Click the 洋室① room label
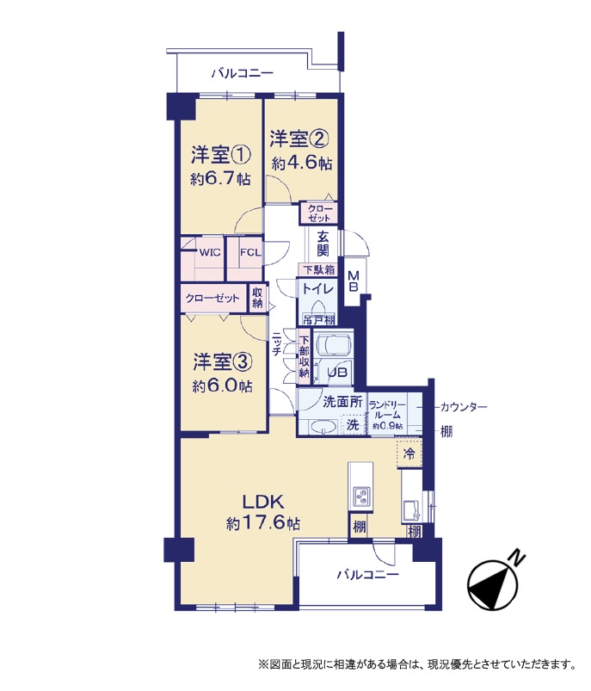pos(221,155)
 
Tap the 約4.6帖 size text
pos(302,163)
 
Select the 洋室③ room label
pos(223,362)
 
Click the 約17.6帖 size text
pos(263,523)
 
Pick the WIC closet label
pos(210,253)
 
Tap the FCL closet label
pos(250,253)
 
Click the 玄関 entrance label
pos(323,244)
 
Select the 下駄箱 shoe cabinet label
pos(318,269)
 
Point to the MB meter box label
pos(354,281)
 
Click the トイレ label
pos(317,288)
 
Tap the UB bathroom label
pos(336,373)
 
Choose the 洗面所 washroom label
pos(342,402)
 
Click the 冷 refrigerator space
pos(409,453)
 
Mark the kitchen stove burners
pos(360,496)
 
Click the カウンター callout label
pos(464,407)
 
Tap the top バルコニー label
pos(243,73)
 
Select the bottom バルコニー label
pos(368,575)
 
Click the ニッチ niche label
pos(277,342)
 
